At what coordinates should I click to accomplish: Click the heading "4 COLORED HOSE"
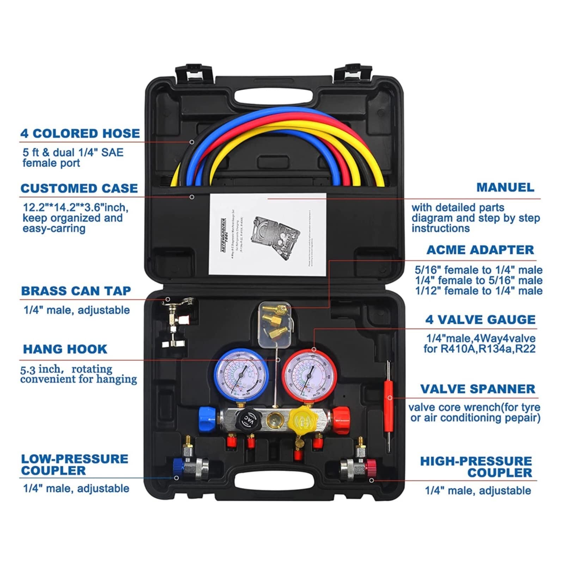click(x=80, y=134)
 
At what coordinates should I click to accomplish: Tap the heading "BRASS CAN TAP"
click(x=76, y=291)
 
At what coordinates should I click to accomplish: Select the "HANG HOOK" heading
click(x=65, y=349)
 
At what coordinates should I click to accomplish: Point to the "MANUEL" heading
click(x=505, y=188)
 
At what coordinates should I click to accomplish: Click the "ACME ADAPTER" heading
click(x=480, y=250)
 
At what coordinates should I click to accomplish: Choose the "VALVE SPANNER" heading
click(x=478, y=389)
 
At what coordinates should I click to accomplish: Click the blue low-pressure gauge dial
click(x=241, y=375)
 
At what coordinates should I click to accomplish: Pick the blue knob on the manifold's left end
click(x=207, y=418)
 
